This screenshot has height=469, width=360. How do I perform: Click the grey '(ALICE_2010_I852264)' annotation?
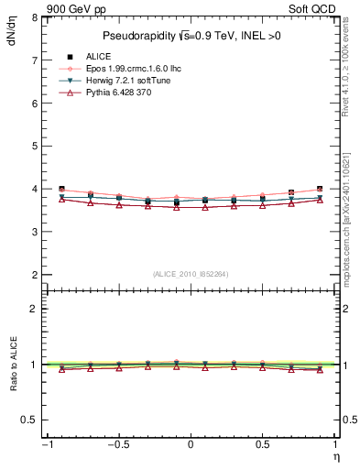pyautogui.click(x=190, y=273)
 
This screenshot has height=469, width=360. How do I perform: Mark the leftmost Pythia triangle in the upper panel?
pyautogui.click(x=61, y=199)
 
